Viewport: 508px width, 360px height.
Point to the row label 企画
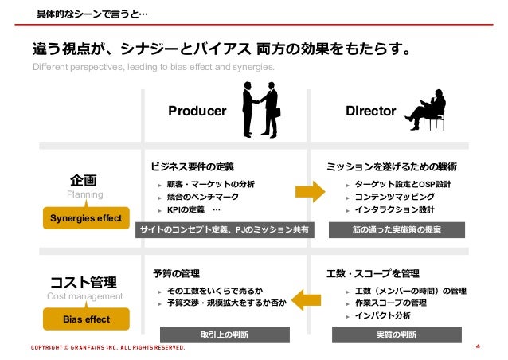pyautogui.click(x=84, y=179)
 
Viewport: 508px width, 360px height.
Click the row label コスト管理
pyautogui.click(x=84, y=282)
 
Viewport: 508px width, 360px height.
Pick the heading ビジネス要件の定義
pyautogui.click(x=193, y=167)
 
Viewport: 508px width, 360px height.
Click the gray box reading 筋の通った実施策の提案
pyautogui.click(x=397, y=229)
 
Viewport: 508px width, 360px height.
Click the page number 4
pyautogui.click(x=477, y=347)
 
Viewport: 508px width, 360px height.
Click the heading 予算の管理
pyautogui.click(x=176, y=273)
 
